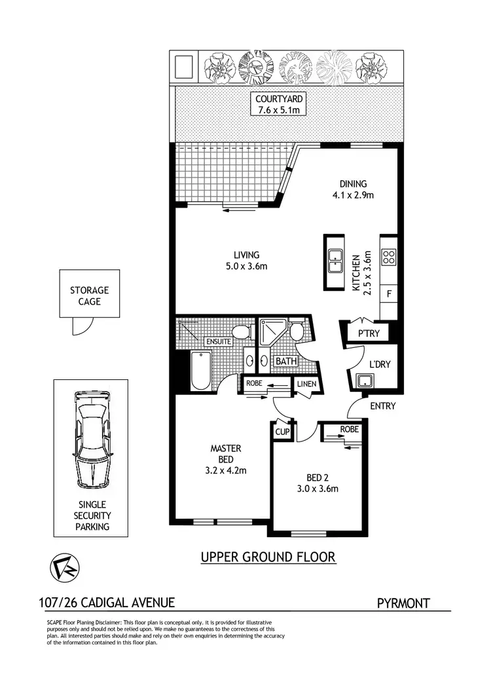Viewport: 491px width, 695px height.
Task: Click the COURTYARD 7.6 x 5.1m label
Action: click(x=278, y=104)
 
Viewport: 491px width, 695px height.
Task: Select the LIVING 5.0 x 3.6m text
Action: click(x=247, y=260)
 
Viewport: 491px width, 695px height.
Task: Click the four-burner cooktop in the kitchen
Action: click(x=388, y=257)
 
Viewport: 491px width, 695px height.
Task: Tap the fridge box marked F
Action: click(x=389, y=294)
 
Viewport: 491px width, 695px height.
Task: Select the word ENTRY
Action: click(x=382, y=406)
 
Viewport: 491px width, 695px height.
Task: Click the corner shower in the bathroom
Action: click(x=270, y=333)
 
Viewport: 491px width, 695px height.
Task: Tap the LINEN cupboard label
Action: click(x=306, y=383)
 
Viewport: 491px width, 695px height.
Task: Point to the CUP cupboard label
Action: click(x=282, y=432)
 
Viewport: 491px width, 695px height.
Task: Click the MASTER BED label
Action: click(x=226, y=453)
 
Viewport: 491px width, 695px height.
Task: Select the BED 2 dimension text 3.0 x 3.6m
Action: click(x=318, y=488)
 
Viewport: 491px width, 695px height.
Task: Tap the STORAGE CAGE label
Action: click(x=90, y=296)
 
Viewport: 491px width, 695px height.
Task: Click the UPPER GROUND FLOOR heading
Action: click(x=268, y=557)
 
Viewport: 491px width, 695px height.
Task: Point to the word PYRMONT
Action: click(x=404, y=603)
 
